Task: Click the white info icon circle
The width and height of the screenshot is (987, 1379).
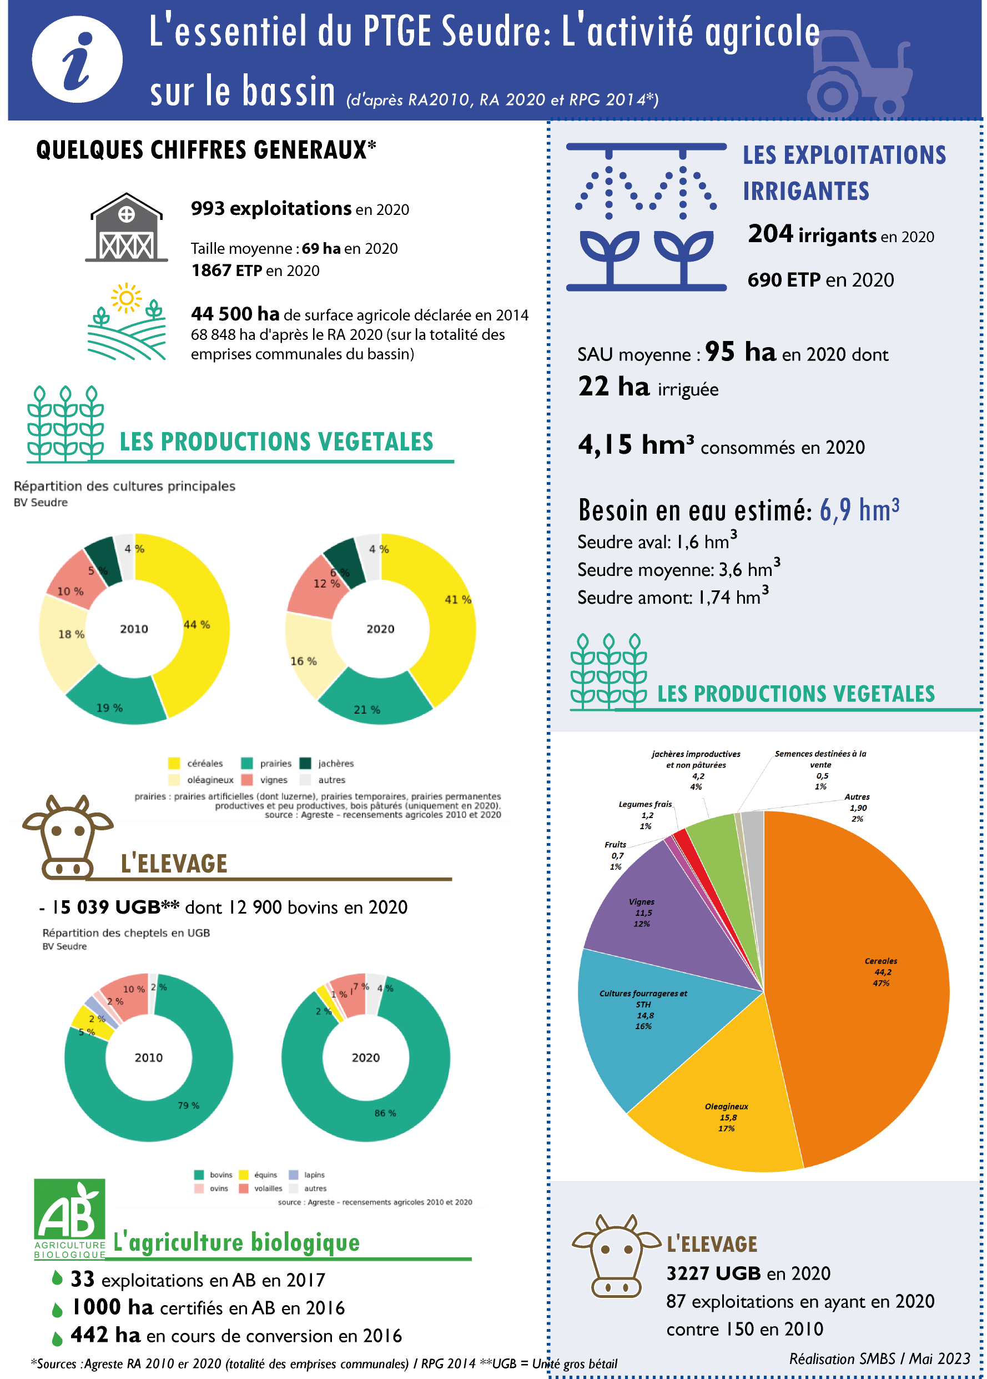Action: [x=77, y=59]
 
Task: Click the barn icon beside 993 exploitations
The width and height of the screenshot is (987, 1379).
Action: [x=127, y=229]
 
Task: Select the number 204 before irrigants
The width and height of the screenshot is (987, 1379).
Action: [x=770, y=234]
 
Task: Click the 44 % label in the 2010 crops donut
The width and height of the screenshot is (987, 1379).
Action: [x=197, y=625]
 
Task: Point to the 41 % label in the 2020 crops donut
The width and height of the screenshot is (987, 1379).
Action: [x=457, y=599]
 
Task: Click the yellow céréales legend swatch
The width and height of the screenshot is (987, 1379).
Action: [x=174, y=763]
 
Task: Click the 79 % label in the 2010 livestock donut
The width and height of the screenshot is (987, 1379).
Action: [x=188, y=1105]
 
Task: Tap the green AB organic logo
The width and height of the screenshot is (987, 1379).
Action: [x=70, y=1213]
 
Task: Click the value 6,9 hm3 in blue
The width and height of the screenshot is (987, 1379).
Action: [x=859, y=509]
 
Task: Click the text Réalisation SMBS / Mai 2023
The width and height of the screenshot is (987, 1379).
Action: [x=879, y=1358]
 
